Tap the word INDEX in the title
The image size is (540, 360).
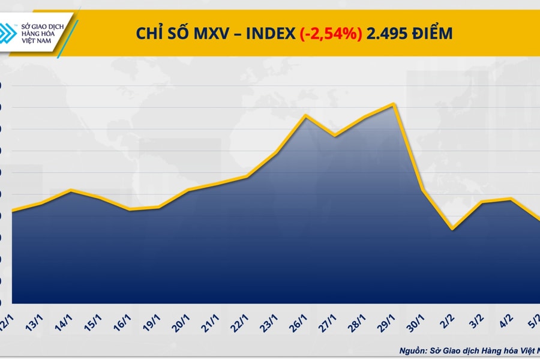point(268,34)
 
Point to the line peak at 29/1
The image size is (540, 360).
point(393,104)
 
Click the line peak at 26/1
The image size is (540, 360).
point(305,115)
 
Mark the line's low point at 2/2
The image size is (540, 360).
point(452,229)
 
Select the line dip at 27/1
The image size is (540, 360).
point(335,136)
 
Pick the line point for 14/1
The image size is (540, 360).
point(71,190)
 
